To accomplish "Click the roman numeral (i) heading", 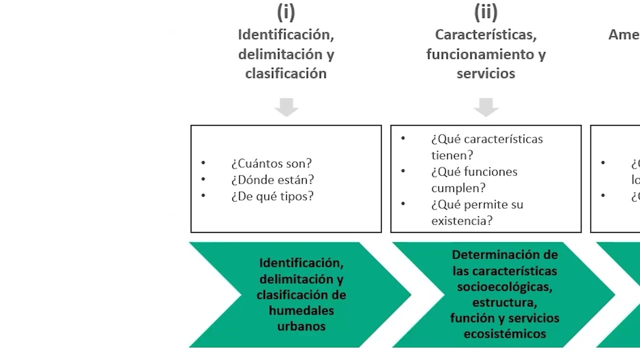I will tap(285, 11).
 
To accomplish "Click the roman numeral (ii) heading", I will tap(485, 11).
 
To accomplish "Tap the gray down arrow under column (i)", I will tap(286, 107).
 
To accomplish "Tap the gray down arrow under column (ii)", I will tap(485, 107).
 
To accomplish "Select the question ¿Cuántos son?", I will tap(271, 163).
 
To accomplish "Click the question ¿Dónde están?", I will tap(272, 180).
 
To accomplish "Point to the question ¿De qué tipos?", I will tap(272, 196).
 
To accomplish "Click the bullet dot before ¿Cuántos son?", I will tap(203, 163).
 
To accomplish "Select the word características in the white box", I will tap(506, 139).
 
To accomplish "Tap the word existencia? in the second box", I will tap(461, 221).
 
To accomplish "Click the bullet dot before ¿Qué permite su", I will tap(403, 204).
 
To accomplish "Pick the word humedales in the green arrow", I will tap(301, 310).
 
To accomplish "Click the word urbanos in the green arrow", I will tap(301, 326).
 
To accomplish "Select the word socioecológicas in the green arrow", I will tap(504, 287).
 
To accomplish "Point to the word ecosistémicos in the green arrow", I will tap(504, 334).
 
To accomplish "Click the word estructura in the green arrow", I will tap(503, 302).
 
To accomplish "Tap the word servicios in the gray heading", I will tap(485, 73).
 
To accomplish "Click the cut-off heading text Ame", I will tap(623, 35).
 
